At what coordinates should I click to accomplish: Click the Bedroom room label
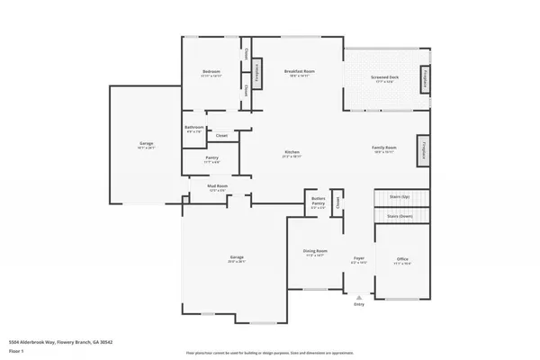(x=211, y=71)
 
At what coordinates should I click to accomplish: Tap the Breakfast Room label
(x=298, y=71)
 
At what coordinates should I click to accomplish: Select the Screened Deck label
(x=387, y=78)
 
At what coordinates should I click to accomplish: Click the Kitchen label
(x=291, y=153)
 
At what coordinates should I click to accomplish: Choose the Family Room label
(x=384, y=148)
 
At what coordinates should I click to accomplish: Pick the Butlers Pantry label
(x=318, y=199)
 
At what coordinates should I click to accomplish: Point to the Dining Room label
(x=315, y=252)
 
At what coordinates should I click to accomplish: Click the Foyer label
(x=357, y=259)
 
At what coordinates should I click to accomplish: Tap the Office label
(x=402, y=260)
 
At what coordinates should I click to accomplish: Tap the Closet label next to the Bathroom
(x=221, y=136)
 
